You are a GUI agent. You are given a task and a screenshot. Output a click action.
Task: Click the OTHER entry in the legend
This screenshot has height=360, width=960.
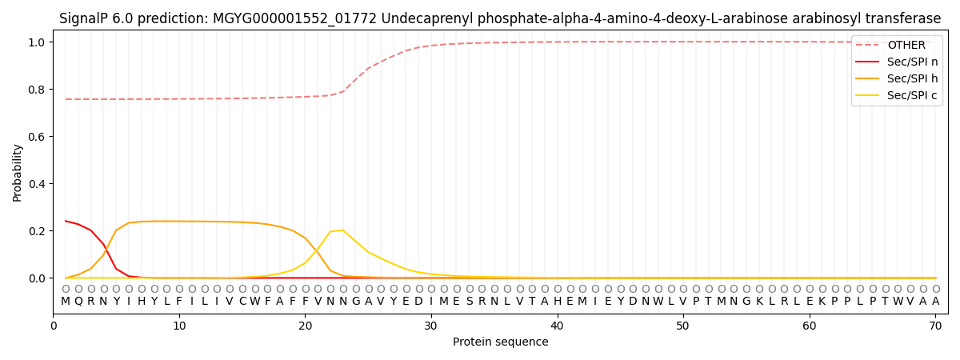click(906, 46)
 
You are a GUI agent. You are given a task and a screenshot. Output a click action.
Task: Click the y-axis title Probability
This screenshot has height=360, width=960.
click(18, 173)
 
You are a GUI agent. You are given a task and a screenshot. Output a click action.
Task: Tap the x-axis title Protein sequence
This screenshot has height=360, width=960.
click(500, 342)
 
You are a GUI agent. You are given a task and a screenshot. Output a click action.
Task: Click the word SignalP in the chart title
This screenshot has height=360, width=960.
click(86, 18)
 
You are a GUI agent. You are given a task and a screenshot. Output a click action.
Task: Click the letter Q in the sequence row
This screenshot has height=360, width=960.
click(78, 302)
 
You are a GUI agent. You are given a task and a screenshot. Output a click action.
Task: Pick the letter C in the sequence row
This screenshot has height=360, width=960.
click(242, 302)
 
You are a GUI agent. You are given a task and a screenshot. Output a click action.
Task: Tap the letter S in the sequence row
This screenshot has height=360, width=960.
click(469, 302)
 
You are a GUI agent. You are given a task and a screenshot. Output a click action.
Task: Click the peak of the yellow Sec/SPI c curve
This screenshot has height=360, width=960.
click(342, 230)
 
